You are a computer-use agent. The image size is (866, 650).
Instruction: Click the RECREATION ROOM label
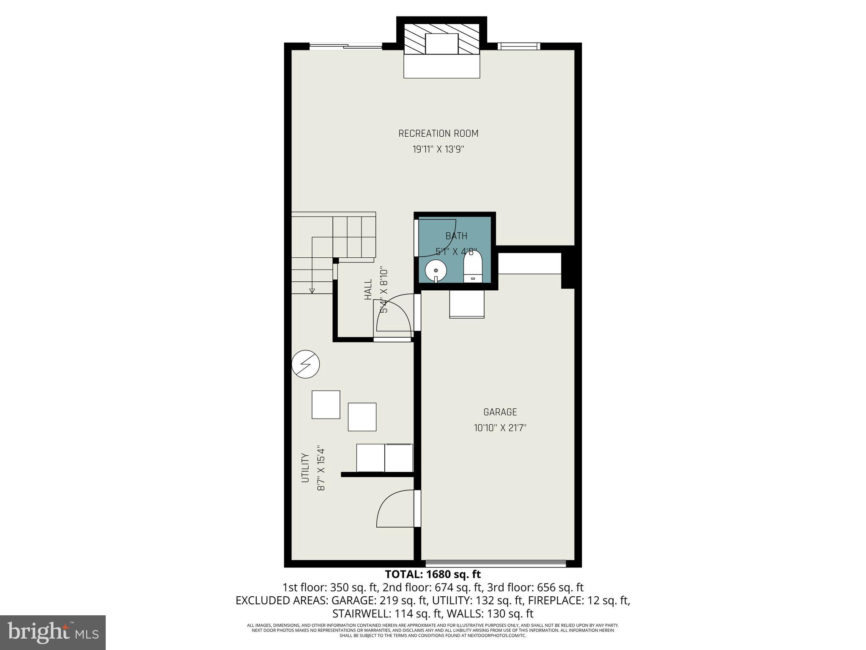(x=438, y=134)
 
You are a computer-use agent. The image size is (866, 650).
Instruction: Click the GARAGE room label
(x=500, y=412)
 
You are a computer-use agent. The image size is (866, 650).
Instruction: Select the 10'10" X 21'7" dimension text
(x=500, y=428)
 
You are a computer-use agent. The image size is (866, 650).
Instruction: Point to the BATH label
(x=456, y=236)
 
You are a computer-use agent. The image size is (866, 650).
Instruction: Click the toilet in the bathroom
(x=473, y=266)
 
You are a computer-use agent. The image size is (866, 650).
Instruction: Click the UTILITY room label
(x=305, y=468)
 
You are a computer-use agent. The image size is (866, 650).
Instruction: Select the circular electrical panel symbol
(x=306, y=364)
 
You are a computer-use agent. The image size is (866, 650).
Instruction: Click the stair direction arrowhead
(x=312, y=291)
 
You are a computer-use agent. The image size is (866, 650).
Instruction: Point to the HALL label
(x=368, y=289)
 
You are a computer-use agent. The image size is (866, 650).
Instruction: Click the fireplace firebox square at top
(x=441, y=44)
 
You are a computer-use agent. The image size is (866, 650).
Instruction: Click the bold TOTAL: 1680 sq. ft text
(x=433, y=574)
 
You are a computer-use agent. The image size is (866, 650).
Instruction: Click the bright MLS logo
(x=53, y=632)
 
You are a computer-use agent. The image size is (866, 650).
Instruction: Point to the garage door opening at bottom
(x=495, y=563)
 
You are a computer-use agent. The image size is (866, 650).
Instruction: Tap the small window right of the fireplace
(x=518, y=46)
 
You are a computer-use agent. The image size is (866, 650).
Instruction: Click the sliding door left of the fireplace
(x=346, y=46)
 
